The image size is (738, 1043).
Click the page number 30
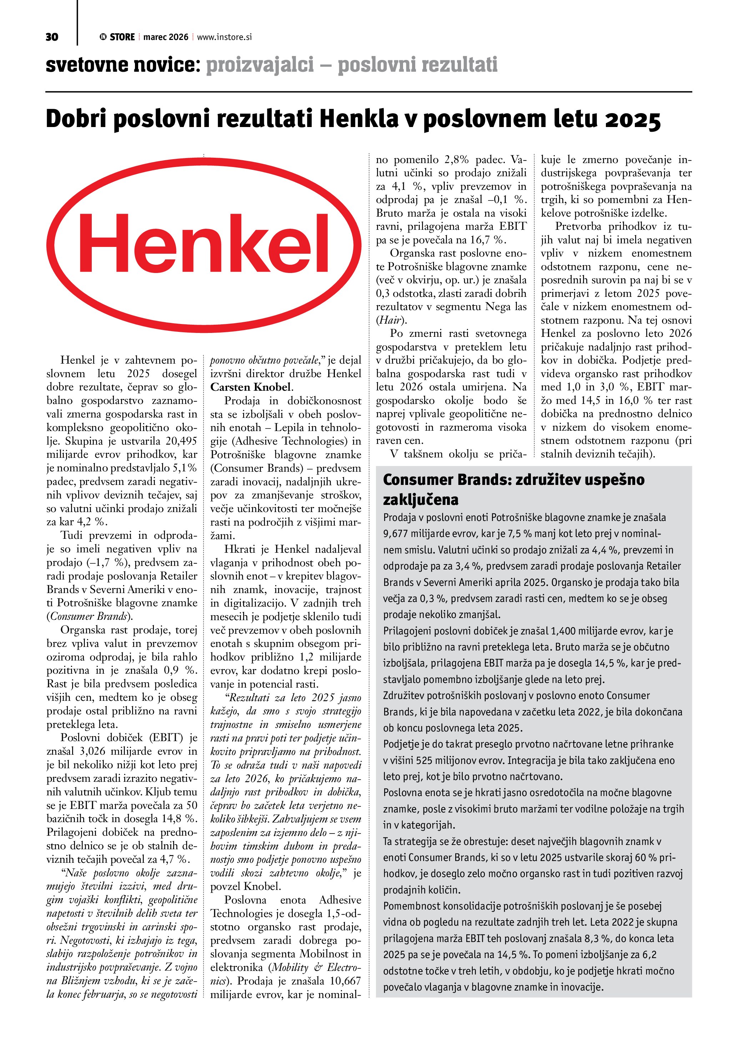tap(52, 37)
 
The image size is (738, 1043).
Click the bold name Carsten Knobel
tap(250, 387)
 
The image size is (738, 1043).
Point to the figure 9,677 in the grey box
tap(397, 534)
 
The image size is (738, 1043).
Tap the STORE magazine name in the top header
tap(122, 37)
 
